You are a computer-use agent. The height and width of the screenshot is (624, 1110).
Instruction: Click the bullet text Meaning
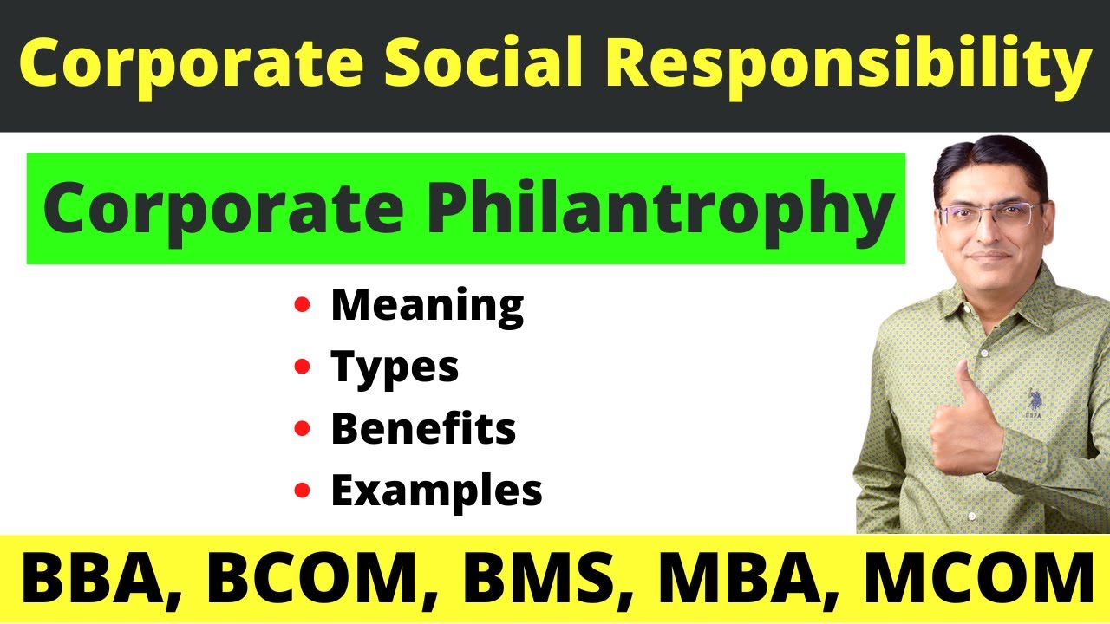coord(427,305)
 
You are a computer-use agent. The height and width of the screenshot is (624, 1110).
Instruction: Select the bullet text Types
coord(395,367)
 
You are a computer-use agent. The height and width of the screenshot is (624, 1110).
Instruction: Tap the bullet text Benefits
coord(423,429)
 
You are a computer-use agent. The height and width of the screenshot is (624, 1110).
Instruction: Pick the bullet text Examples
coord(436,491)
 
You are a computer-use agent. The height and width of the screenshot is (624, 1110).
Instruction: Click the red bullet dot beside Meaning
coord(302,305)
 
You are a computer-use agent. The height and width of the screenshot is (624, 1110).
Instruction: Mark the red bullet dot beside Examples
coord(302,491)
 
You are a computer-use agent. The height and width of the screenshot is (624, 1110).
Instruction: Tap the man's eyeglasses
coord(988,215)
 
